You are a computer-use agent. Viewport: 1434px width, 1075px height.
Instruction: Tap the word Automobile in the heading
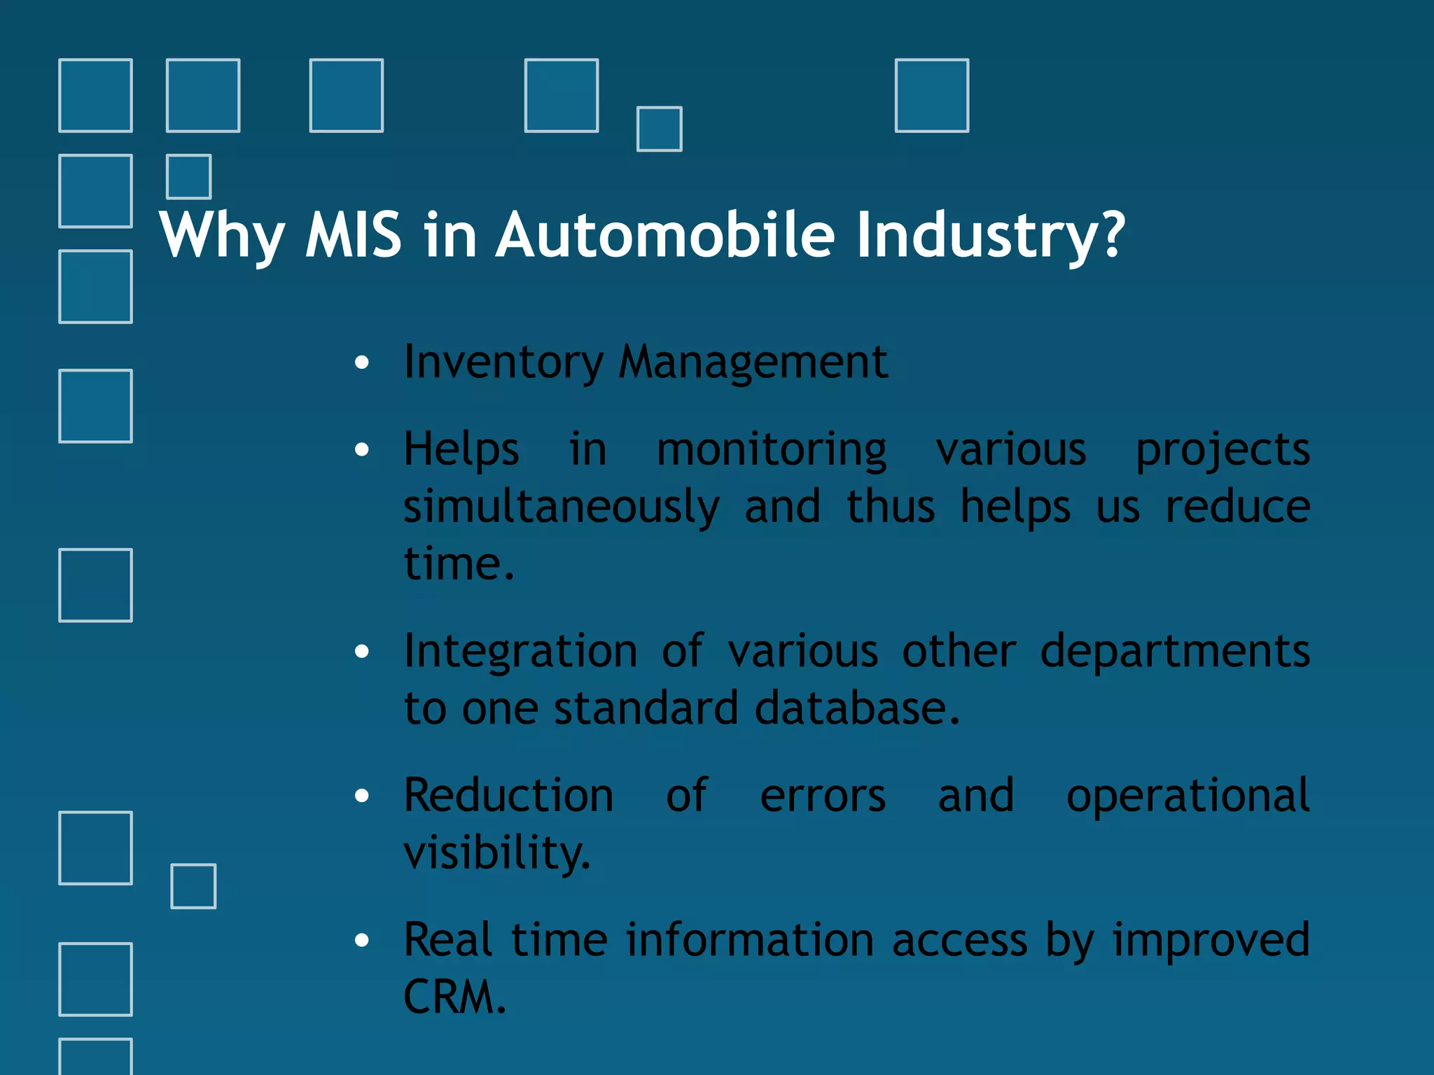665,235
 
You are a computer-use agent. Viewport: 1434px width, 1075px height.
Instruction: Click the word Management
753,363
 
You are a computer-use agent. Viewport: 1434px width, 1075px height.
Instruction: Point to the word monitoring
771,450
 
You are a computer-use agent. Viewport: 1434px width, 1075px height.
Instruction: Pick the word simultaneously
561,507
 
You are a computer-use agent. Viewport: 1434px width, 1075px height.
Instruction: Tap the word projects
1222,450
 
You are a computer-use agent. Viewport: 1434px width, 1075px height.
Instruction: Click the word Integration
520,652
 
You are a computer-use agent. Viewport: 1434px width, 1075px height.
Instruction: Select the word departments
1174,652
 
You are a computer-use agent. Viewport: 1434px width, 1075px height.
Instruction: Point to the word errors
823,796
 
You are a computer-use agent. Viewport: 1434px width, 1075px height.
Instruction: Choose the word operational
1187,796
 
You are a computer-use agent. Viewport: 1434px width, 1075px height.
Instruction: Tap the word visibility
497,853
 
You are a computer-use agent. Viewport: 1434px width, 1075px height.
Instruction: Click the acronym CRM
454,997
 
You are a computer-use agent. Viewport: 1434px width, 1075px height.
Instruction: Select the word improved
1211,940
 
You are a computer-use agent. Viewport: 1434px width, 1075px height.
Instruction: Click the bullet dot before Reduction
361,796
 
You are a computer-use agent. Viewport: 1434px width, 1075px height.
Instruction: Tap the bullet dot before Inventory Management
361,363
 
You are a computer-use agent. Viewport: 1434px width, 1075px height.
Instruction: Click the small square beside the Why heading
188,176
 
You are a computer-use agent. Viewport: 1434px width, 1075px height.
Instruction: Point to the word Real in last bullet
447,940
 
